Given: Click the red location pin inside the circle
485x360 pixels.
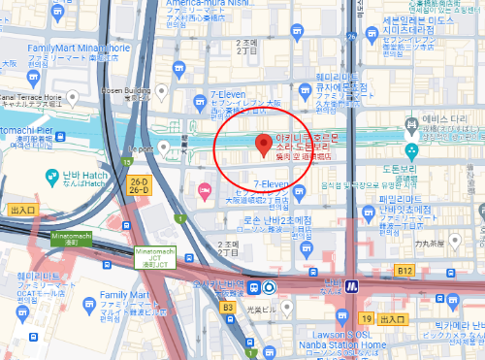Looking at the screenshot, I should pyautogui.click(x=261, y=147).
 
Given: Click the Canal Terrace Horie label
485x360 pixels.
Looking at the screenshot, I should pyautogui.click(x=31, y=98).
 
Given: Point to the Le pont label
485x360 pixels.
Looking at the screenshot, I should pyautogui.click(x=142, y=148).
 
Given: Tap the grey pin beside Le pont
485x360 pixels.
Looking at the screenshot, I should pyautogui.click(x=165, y=147).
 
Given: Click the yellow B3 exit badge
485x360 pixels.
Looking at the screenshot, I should pyautogui.click(x=228, y=307).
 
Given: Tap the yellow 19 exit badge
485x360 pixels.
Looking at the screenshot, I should pyautogui.click(x=365, y=318).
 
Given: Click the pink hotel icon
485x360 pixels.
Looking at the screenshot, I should pyautogui.click(x=205, y=190).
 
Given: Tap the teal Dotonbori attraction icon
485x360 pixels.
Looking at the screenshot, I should pyautogui.click(x=411, y=151).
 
